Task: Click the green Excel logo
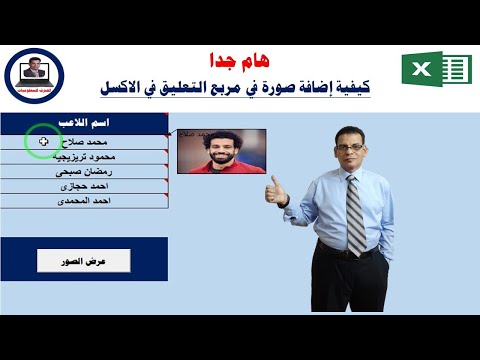435,70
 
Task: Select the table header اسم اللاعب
121,124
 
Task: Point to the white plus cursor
42,142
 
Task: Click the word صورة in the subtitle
272,90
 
